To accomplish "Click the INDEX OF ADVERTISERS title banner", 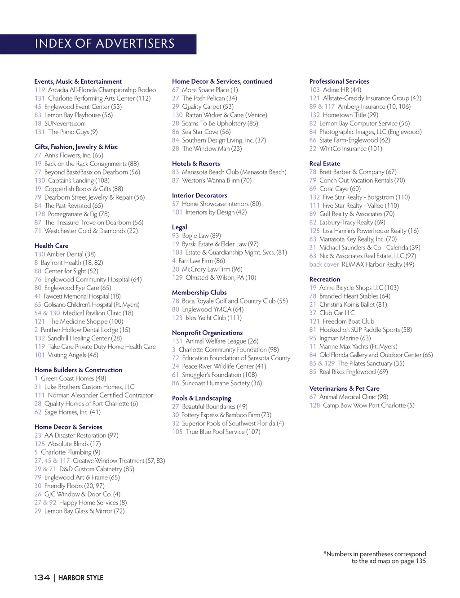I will pyautogui.click(x=104, y=44).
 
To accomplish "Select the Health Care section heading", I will pyautogui.click(x=51, y=246).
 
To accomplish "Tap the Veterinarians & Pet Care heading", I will pyautogui.click(x=344, y=388).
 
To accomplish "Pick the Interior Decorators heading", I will pyautogui.click(x=199, y=196).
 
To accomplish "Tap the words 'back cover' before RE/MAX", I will pyautogui.click(x=324, y=264).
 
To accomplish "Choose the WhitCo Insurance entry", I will pyautogui.click(x=350, y=148).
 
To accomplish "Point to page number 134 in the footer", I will pyautogui.click(x=42, y=577).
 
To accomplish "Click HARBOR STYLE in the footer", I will pyautogui.click(x=81, y=578).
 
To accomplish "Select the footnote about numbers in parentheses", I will pyautogui.click(x=375, y=558).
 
